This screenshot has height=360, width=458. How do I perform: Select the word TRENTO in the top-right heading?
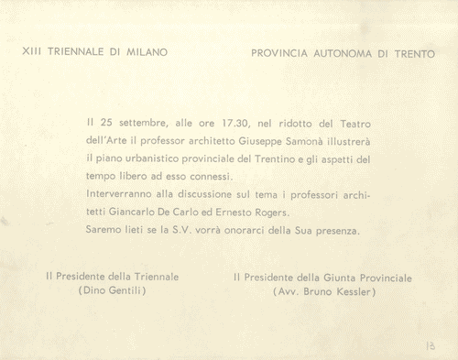[415, 54]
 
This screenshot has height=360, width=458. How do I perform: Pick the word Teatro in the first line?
[354, 122]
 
